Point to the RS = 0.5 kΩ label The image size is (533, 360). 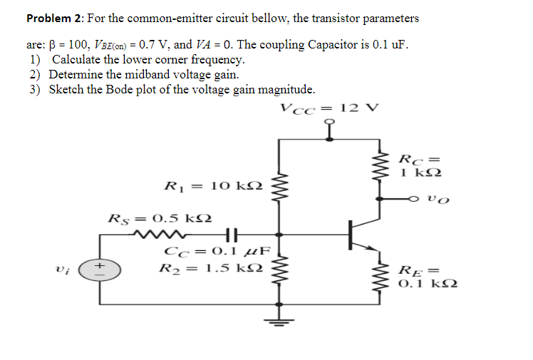pyautogui.click(x=159, y=217)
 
